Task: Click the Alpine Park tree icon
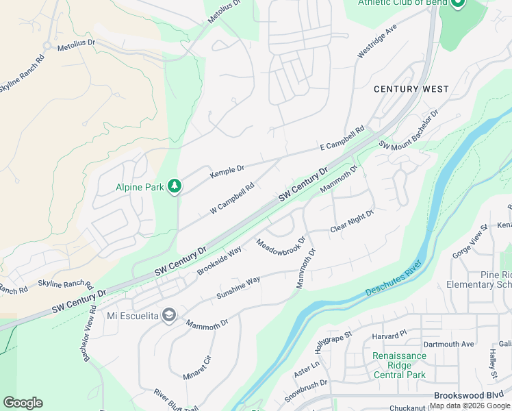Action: point(175,186)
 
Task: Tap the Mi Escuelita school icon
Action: point(169,316)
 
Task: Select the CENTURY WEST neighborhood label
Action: point(411,89)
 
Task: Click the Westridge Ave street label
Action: point(377,42)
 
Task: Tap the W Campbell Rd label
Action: point(232,197)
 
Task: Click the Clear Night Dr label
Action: point(352,221)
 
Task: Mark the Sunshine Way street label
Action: point(238,288)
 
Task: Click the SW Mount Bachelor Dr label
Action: point(408,129)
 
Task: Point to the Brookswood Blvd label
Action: point(468,396)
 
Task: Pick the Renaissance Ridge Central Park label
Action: point(399,365)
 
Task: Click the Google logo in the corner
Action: point(23,403)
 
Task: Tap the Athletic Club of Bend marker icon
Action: point(458,3)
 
